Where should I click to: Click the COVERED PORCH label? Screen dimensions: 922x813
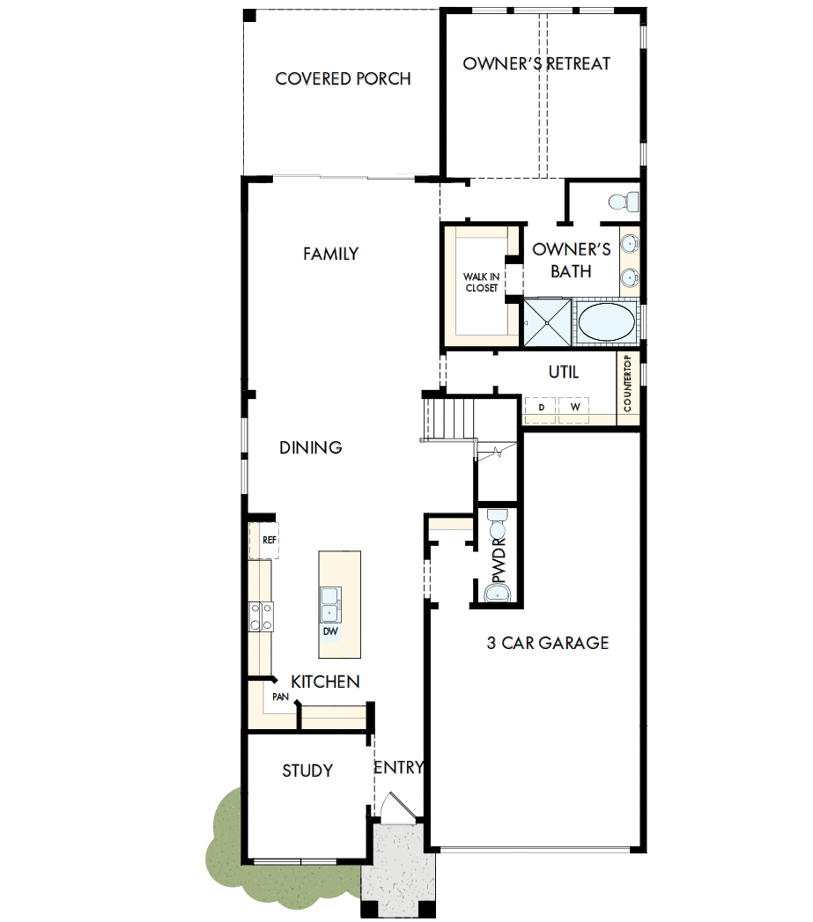(343, 79)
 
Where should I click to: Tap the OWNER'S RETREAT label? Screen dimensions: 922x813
(536, 63)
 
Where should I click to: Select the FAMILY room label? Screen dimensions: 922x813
(330, 254)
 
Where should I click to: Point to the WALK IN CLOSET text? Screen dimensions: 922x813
(481, 283)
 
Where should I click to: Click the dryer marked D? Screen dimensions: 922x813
(542, 407)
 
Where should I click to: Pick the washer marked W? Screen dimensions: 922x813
(574, 407)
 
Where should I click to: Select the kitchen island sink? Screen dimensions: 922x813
(331, 604)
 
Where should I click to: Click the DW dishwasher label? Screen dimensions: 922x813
(330, 631)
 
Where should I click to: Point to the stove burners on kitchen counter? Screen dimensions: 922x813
(262, 616)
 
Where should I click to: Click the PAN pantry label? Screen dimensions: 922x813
(280, 697)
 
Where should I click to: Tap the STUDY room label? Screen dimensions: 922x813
(307, 771)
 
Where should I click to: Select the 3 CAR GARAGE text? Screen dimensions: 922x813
(548, 643)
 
